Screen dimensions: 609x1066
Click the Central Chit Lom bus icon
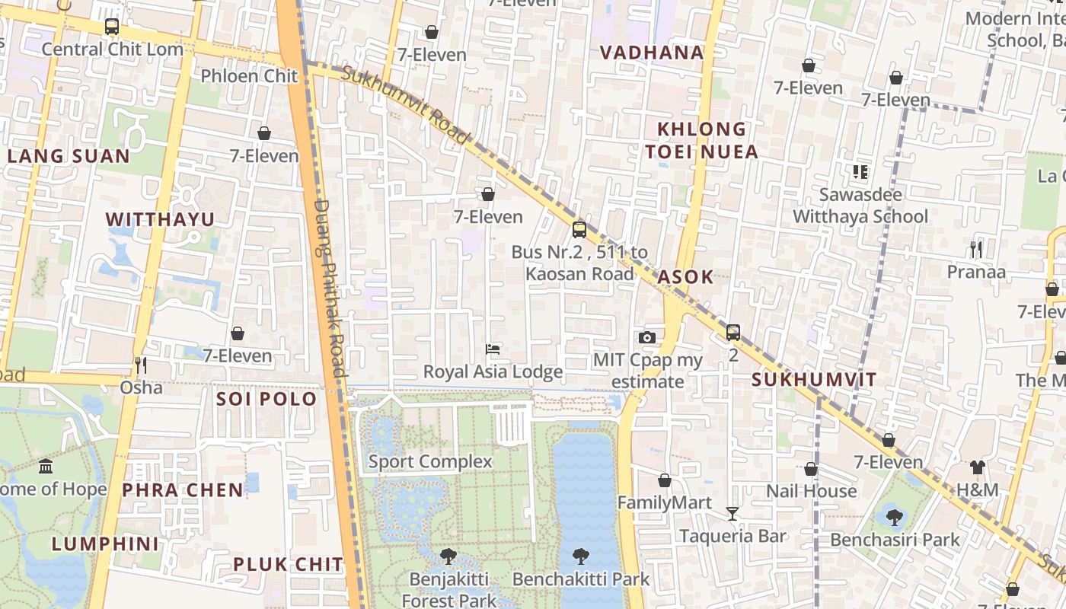tap(112, 27)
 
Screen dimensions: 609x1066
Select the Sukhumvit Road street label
tap(405, 105)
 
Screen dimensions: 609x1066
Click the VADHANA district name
tap(652, 53)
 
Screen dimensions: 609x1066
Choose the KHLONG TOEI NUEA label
tap(701, 140)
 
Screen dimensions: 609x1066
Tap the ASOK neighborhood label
tap(685, 277)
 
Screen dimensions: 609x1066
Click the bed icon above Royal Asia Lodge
tap(493, 349)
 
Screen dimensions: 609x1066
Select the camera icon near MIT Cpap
tap(646, 337)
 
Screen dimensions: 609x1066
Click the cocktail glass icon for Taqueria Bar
tap(732, 514)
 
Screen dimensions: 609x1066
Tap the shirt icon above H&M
tap(978, 467)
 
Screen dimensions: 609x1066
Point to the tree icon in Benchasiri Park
tap(895, 518)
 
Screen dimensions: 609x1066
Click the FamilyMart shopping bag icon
tap(665, 480)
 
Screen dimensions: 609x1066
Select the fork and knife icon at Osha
tap(141, 365)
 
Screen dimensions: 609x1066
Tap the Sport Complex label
tap(430, 461)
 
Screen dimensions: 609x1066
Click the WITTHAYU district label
tap(160, 220)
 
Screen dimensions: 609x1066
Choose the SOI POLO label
tap(266, 399)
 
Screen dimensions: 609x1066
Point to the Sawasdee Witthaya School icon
tap(860, 172)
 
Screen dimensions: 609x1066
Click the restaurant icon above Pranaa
tap(976, 250)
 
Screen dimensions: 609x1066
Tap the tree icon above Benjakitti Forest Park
tap(448, 556)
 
